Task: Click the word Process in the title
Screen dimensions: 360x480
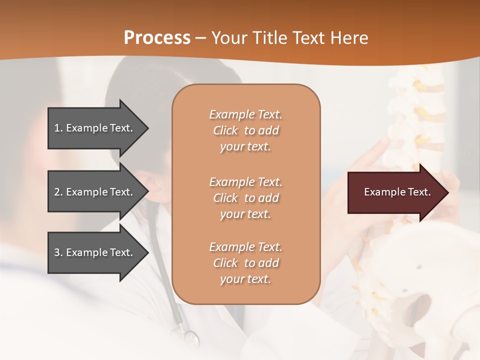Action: pos(157,38)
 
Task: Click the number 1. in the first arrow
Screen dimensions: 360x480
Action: pos(58,128)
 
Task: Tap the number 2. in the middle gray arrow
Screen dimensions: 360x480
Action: pos(58,192)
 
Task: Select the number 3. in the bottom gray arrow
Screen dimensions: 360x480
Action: pos(58,252)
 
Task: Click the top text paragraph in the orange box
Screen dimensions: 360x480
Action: pos(245,130)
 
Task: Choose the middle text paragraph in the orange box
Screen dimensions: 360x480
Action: pos(245,198)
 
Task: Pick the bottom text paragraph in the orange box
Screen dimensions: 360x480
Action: pos(245,263)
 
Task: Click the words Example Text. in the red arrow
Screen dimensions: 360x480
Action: pos(397,192)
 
